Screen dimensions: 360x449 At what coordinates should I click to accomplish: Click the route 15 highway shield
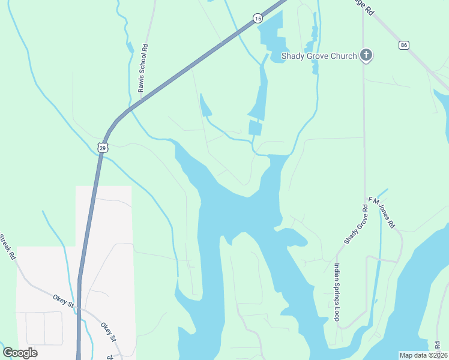coord(258,19)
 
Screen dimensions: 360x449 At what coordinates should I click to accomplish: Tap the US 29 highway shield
coord(103,147)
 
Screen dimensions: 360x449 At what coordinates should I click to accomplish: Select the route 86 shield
coord(403,45)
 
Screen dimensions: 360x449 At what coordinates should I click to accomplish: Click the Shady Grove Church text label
coord(319,56)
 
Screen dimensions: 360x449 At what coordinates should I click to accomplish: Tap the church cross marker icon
coord(366,56)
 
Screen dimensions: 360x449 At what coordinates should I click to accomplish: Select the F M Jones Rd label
coord(382,214)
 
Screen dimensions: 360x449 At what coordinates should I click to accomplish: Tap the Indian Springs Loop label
coord(337,292)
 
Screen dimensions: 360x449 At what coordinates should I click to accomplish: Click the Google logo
coord(20,353)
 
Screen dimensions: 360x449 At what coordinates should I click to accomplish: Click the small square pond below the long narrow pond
coord(255,127)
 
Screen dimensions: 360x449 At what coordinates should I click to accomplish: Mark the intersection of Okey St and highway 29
coord(79,309)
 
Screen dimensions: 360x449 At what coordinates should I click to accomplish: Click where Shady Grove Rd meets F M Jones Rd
coord(364,200)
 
